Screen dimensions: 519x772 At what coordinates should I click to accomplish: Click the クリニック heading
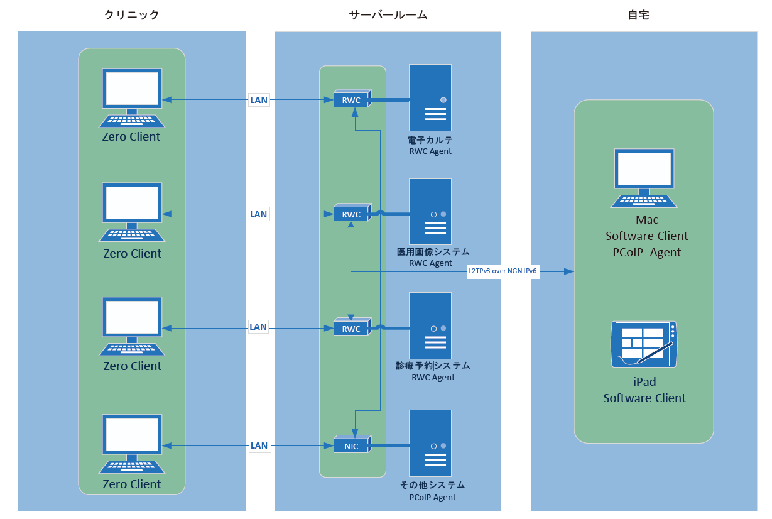click(132, 16)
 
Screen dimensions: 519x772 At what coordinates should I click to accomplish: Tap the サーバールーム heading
click(388, 16)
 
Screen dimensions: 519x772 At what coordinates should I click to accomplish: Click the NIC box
click(352, 446)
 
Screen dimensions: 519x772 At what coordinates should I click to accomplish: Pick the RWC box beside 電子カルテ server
click(352, 99)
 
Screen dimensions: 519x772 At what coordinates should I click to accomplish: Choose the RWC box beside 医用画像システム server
click(352, 214)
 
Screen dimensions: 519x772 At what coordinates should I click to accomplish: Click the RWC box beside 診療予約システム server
click(352, 329)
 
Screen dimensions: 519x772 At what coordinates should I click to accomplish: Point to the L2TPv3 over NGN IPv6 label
click(504, 271)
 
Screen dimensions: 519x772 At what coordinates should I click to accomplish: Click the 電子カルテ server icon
click(430, 97)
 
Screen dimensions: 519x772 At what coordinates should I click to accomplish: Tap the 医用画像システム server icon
click(430, 212)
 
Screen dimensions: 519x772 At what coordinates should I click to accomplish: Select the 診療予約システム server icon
click(430, 325)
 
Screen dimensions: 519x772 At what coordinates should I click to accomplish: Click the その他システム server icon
click(430, 443)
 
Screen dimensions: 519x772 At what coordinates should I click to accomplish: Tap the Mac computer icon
click(644, 178)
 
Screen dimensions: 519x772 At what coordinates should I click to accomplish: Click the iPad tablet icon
click(644, 344)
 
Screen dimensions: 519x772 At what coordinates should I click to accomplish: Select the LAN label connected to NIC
click(259, 446)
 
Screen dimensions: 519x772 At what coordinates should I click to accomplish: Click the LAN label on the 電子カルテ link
click(259, 99)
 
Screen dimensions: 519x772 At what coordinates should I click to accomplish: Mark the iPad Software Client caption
click(644, 390)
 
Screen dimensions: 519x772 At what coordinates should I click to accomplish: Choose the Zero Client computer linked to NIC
click(132, 444)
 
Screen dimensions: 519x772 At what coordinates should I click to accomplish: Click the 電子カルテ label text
click(430, 140)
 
